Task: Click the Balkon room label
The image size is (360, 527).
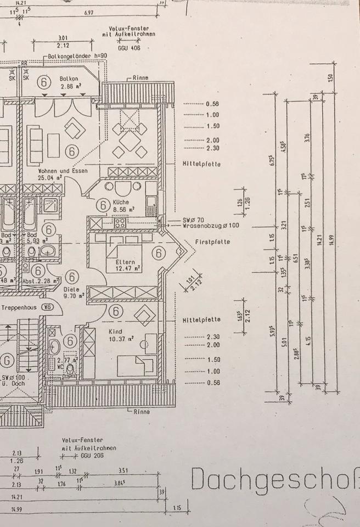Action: pos(69,79)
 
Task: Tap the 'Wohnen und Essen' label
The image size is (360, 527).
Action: pos(57,170)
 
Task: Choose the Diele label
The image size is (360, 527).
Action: pos(71,289)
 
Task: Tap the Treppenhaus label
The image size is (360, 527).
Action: pos(19,308)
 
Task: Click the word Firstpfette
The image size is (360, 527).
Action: pos(212,242)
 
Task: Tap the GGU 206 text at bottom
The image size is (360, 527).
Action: pos(91,456)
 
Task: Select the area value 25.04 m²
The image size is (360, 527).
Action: pos(50,178)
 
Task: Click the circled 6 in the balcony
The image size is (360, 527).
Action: pos(44,82)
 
